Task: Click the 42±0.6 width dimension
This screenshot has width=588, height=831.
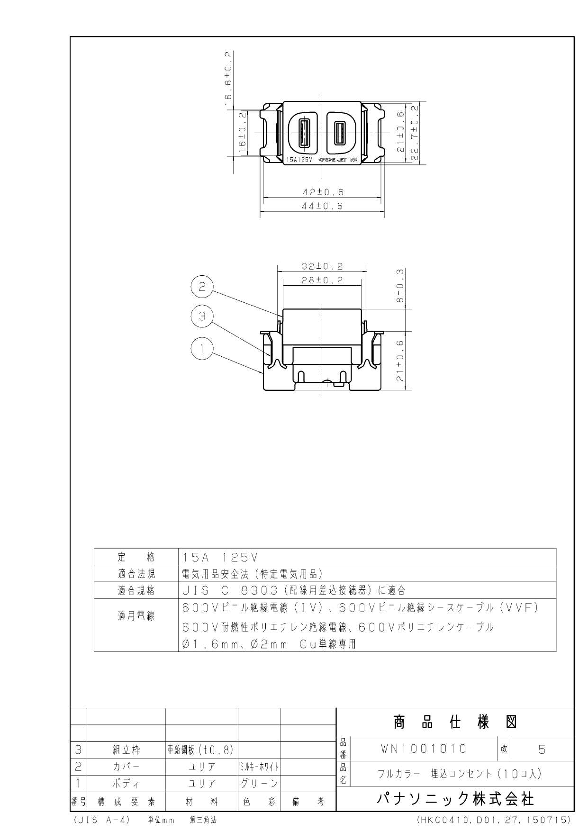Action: coord(323,192)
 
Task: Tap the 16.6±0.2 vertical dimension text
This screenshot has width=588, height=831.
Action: coord(228,78)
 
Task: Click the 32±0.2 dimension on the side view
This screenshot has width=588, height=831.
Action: coord(322,267)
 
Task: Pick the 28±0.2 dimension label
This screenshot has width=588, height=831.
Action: coord(322,280)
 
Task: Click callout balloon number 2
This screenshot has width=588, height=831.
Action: coord(202,287)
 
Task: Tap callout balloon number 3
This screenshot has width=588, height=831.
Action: coord(202,316)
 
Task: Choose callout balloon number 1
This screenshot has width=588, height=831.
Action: coord(202,349)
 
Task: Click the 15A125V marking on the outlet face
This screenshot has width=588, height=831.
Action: coord(300,160)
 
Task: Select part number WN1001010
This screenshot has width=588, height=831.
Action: coord(424,749)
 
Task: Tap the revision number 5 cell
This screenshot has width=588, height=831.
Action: coord(542,750)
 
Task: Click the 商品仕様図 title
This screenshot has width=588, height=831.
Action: coord(455,723)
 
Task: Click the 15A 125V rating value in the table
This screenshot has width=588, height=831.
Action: coord(220,557)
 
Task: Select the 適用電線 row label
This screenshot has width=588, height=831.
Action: coord(136,616)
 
